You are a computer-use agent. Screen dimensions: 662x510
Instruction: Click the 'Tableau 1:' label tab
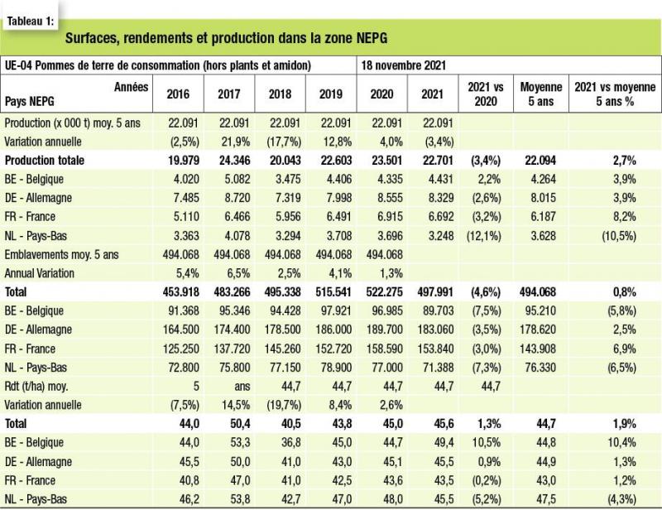click(x=31, y=22)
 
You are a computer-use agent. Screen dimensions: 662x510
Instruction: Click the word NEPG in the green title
click(x=372, y=38)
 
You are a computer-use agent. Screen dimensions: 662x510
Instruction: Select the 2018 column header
click(x=280, y=94)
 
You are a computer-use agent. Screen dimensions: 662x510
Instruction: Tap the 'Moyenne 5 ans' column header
click(x=541, y=94)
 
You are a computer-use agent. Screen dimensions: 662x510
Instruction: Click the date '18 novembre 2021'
click(x=403, y=65)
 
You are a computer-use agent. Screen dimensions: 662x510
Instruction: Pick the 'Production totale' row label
click(x=45, y=161)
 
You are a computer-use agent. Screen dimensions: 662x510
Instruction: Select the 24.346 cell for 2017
click(x=233, y=161)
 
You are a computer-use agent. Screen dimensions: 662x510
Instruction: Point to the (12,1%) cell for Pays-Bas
click(x=484, y=235)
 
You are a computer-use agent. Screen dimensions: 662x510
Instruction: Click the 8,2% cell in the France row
click(x=625, y=217)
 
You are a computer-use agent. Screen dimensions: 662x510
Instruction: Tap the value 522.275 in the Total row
click(x=384, y=292)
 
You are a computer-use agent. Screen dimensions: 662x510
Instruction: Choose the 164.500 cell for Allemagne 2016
click(x=180, y=330)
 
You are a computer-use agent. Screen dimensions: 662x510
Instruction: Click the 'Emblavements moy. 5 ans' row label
click(x=61, y=254)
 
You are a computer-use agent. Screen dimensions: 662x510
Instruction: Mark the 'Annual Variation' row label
click(x=39, y=273)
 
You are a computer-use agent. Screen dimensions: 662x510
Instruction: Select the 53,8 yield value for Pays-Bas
click(x=240, y=499)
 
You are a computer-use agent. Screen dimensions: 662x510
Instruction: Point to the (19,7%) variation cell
click(x=284, y=405)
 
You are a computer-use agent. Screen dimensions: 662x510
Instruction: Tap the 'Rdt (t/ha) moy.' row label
click(x=36, y=386)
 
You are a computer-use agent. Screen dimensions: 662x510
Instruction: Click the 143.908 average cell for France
click(x=538, y=349)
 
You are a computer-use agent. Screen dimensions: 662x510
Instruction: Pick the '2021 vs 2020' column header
click(x=486, y=94)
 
